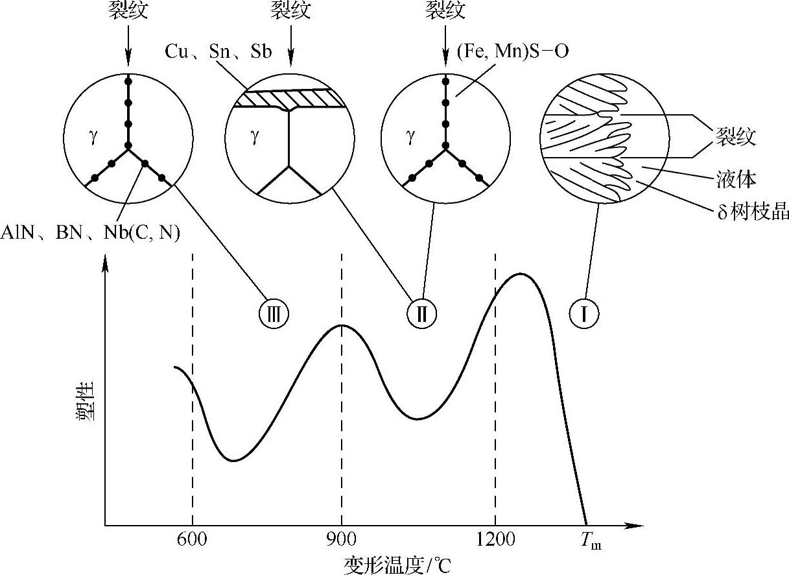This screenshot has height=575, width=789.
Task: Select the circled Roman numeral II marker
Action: [421, 314]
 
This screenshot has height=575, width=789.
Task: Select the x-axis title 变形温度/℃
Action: [397, 564]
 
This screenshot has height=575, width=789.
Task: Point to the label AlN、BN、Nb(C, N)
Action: [91, 233]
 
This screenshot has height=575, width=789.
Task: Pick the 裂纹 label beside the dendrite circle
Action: [735, 136]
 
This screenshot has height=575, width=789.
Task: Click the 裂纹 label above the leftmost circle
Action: [128, 11]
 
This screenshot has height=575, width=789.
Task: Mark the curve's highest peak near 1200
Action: [520, 274]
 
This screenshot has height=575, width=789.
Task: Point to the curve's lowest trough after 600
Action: [233, 460]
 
